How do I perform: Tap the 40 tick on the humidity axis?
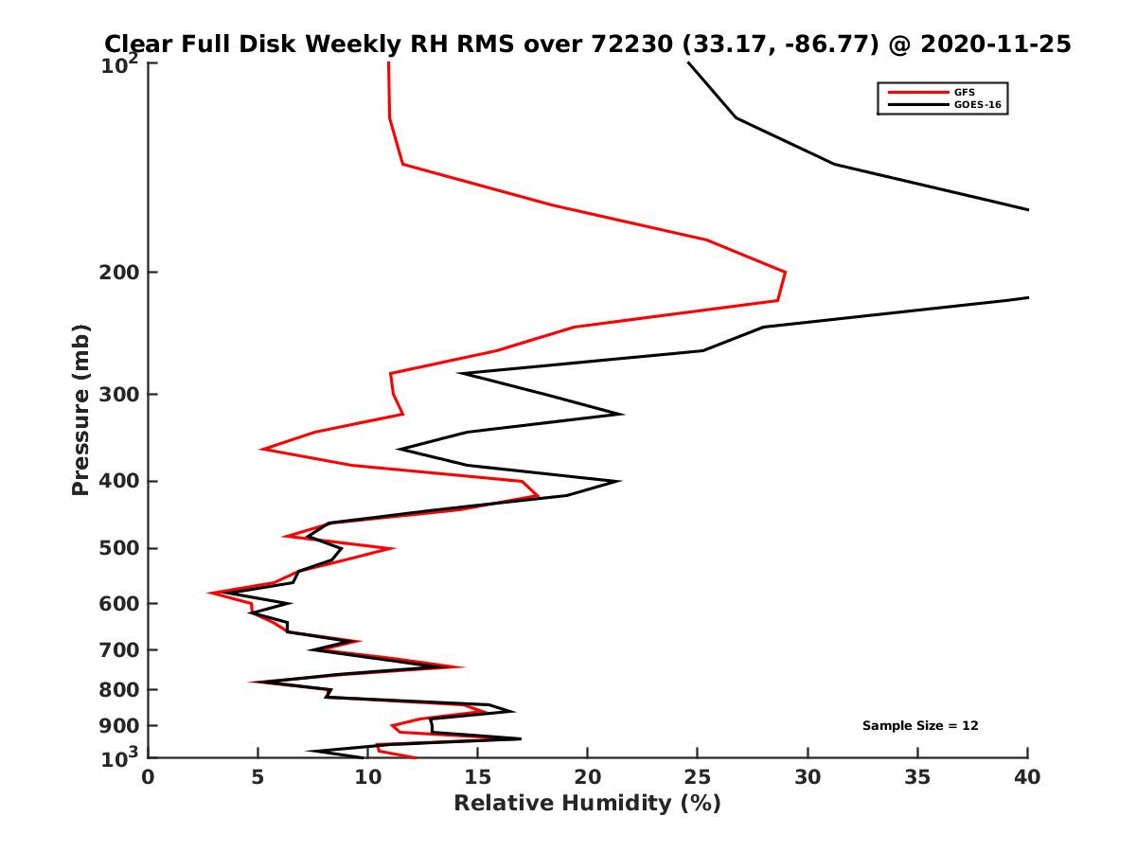pos(1028,777)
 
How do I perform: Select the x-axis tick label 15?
pos(478,777)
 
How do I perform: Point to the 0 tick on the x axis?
pos(149,777)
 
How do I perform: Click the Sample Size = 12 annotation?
pos(920,725)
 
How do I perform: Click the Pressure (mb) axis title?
pos(80,409)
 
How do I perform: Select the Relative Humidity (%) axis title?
pos(587,804)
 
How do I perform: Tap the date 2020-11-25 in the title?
pos(998,44)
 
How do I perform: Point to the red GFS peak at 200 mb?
pos(785,273)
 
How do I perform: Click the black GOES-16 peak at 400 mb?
pos(620,481)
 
